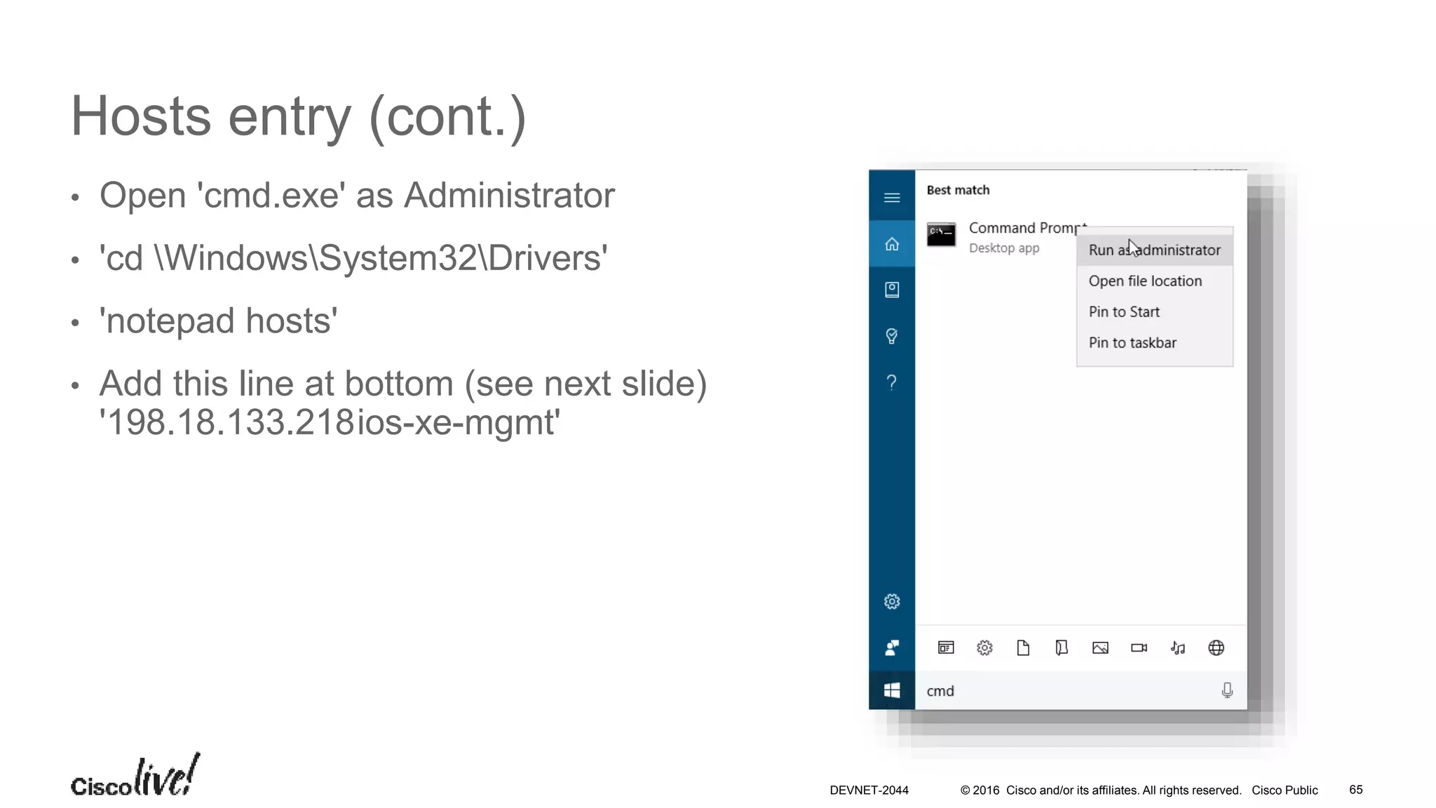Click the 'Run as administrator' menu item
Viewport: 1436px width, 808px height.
1154,250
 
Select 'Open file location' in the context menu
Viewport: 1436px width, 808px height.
1145,281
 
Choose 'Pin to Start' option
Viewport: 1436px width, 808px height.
1124,312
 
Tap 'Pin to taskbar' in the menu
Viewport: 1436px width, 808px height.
1132,343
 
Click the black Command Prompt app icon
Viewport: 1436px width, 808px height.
941,235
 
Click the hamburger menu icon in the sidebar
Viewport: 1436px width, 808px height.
892,198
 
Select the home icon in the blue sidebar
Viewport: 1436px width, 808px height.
892,244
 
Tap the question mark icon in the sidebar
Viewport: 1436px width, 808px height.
892,382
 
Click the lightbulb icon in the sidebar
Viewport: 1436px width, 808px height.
892,336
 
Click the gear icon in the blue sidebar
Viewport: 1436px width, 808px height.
892,602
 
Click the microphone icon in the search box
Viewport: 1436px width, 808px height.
1227,691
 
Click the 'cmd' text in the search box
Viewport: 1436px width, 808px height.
940,691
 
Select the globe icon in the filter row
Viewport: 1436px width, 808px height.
1217,648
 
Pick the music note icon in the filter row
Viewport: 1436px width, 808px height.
1178,648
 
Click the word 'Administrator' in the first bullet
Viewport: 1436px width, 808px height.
509,196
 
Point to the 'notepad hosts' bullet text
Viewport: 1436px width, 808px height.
218,321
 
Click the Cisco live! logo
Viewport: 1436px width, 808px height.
135,777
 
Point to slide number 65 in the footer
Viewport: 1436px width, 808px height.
1355,790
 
